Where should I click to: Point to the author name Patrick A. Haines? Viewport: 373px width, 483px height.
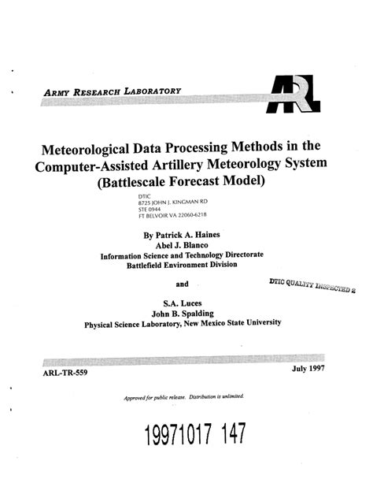coord(189,234)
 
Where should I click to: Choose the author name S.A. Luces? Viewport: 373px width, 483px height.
coord(182,300)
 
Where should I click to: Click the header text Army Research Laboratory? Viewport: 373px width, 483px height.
coord(115,93)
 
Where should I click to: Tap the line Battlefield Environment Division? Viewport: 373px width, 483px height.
coord(181,266)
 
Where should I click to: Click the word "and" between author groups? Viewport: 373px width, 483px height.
coord(182,284)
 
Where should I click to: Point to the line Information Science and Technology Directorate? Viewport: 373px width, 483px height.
coord(182,255)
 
